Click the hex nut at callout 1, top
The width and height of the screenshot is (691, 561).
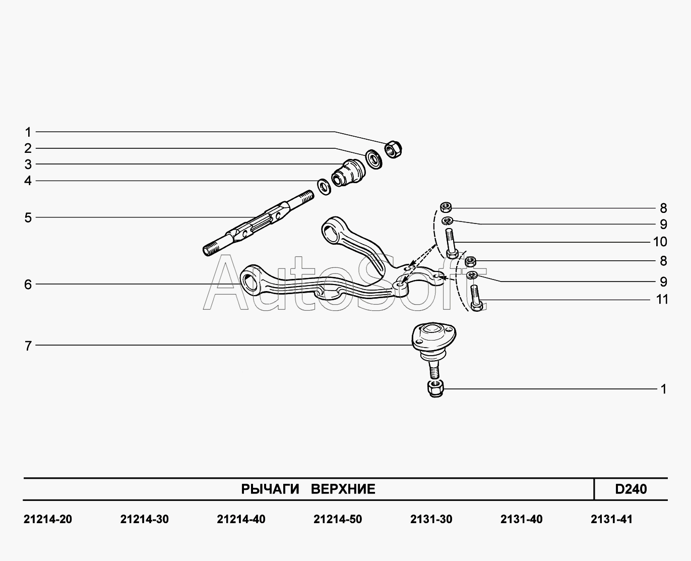click(x=393, y=149)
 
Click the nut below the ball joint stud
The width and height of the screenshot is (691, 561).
click(x=434, y=388)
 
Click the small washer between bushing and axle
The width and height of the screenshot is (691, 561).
click(x=324, y=186)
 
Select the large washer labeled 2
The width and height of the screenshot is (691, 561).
click(x=373, y=158)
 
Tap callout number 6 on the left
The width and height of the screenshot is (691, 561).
click(x=28, y=285)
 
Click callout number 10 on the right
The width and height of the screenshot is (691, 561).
click(x=660, y=242)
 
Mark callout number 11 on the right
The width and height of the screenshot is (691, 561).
click(x=662, y=300)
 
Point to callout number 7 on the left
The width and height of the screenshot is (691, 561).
click(x=28, y=346)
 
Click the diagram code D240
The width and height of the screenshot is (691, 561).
click(x=631, y=489)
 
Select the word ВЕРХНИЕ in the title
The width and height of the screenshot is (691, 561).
click(x=343, y=489)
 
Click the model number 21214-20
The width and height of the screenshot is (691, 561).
click(x=48, y=519)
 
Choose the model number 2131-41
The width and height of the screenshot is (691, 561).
click(x=611, y=519)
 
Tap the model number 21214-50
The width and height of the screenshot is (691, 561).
click(x=337, y=519)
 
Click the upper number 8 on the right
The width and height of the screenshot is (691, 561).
click(x=663, y=208)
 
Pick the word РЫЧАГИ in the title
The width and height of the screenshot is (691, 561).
click(x=270, y=489)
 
